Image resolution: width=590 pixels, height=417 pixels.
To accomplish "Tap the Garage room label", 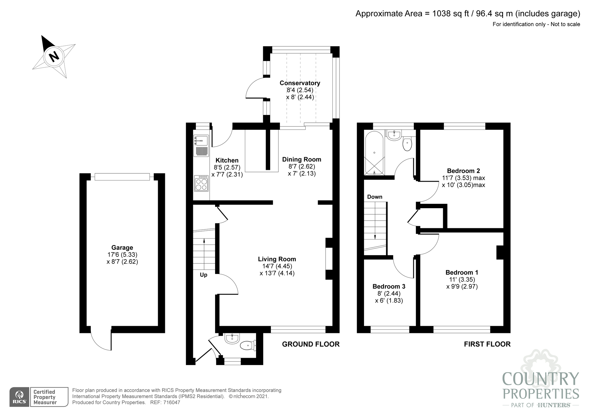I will [122, 248].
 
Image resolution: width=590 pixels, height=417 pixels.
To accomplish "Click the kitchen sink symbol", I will [201, 141].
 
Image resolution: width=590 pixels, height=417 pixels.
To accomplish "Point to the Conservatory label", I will [300, 83].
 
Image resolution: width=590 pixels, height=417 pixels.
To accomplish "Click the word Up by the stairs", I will [204, 275].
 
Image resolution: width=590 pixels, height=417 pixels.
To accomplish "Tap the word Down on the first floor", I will [375, 197].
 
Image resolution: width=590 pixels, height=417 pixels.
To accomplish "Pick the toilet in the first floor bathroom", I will [407, 145].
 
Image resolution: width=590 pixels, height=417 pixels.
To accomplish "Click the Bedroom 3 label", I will [389, 287].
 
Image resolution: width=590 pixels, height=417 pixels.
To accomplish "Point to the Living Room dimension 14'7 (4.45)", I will [277, 266].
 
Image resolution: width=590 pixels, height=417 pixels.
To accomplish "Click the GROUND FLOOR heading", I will [311, 344].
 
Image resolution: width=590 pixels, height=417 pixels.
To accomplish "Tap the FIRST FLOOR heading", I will [487, 344].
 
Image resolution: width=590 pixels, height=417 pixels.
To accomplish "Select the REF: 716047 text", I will [165, 403].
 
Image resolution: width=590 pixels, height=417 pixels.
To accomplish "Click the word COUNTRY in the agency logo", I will [540, 379].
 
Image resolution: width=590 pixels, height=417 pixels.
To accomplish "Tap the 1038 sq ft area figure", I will [450, 14].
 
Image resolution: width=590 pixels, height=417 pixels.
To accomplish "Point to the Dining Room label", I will [301, 160].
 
